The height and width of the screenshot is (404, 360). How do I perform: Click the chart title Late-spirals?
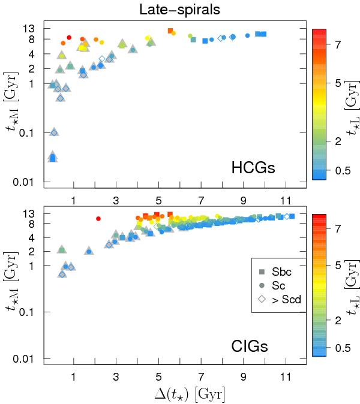tap(180, 10)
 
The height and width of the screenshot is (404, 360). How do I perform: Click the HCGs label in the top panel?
tap(253, 168)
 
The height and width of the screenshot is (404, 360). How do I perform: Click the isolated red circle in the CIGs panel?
tap(98, 218)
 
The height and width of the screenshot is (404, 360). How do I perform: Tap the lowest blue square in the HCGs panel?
tap(53, 158)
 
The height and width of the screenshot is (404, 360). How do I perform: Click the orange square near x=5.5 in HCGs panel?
tap(170, 31)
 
